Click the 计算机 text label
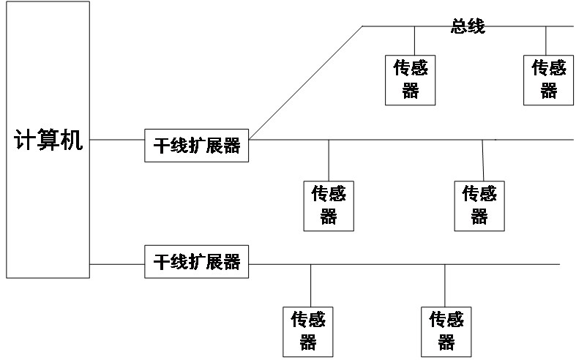pos(48,140)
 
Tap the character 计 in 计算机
pos(26,140)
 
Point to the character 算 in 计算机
pos(48,140)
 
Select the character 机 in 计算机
pos(71,140)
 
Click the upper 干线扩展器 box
pos(196,146)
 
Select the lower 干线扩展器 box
pos(196,261)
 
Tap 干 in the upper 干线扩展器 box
pos(161,146)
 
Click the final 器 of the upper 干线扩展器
pos(232,146)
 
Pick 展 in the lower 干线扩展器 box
pos(214,262)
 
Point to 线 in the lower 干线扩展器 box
pos(179,262)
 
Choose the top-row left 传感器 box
pos(411,79)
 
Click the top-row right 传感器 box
pos(548,79)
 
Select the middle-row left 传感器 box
pos(329,205)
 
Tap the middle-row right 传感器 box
pos(479,205)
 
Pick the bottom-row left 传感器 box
pos(308,331)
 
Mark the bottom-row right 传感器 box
pos(446,331)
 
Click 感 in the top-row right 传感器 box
pos(558,69)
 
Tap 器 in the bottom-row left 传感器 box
pos(308,342)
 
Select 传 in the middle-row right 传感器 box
pos(471,195)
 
